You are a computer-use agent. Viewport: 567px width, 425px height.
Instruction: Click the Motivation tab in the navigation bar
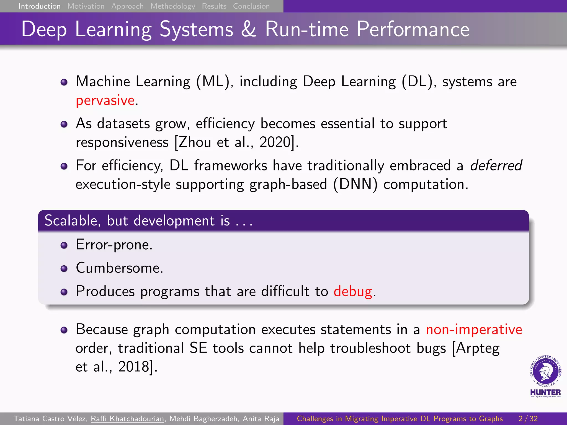86,6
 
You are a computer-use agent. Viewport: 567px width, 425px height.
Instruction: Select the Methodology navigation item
173,6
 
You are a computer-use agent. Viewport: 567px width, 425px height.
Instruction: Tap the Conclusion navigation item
251,6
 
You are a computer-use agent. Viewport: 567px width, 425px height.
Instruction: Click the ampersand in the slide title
248,29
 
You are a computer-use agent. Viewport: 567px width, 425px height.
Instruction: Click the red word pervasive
105,100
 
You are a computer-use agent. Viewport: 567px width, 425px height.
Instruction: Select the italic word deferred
496,165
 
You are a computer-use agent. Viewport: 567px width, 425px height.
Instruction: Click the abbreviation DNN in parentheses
355,184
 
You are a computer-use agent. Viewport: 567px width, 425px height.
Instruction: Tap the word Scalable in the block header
71,221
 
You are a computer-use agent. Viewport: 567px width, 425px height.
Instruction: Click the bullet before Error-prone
64,245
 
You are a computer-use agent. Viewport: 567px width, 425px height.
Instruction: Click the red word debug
353,292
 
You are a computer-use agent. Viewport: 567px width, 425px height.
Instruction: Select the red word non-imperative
474,330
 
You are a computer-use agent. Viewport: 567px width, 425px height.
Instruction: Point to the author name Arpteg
478,348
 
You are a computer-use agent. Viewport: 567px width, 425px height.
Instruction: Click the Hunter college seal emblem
545,371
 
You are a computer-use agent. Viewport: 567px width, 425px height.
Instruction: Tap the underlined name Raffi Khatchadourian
127,419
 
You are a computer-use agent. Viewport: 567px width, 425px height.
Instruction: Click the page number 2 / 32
528,419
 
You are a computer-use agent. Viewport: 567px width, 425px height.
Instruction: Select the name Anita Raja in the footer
261,419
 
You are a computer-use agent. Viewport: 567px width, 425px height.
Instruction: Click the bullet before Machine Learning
64,82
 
